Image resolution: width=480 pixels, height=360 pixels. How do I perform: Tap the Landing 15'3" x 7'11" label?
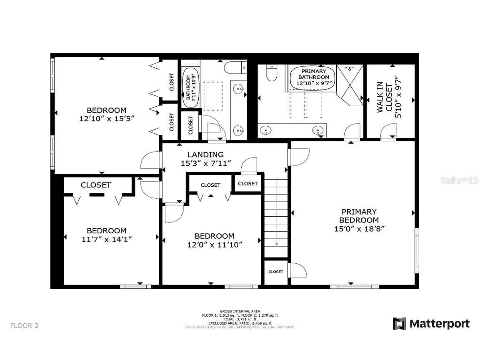(205, 159)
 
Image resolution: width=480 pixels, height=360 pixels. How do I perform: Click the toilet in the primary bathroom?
(271, 73)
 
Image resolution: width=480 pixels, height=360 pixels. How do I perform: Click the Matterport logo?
(431, 324)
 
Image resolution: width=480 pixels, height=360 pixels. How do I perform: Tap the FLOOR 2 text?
(25, 325)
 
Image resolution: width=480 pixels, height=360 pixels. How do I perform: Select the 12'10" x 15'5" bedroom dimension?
(106, 118)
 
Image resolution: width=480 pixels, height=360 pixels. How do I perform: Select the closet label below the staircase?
(275, 272)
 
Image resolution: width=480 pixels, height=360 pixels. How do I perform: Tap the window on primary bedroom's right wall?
(417, 250)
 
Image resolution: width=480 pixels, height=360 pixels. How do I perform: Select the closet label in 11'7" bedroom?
(96, 185)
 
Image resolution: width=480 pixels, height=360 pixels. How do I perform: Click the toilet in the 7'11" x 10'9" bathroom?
(235, 67)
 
